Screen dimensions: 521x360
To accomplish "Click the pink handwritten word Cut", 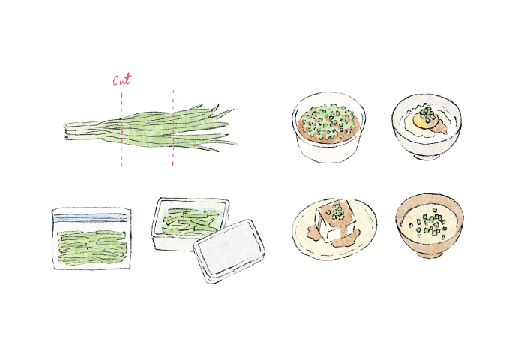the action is pos(122,79).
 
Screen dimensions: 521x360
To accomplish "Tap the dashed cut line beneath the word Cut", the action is pos(121,130).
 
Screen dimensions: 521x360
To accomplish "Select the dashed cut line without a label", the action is pos(173,128).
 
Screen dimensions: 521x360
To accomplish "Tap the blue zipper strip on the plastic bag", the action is pos(91,218).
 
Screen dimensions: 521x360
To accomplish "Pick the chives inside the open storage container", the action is pos(190,220).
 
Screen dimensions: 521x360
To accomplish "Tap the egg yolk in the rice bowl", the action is pos(420,122).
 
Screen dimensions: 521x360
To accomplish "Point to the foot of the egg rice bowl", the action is pos(427,156).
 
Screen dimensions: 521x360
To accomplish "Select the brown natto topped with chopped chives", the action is pos(328,124).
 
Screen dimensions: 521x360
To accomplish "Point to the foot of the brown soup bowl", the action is pos(430,255).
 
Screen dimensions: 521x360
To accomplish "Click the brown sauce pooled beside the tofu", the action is pos(342,240).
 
